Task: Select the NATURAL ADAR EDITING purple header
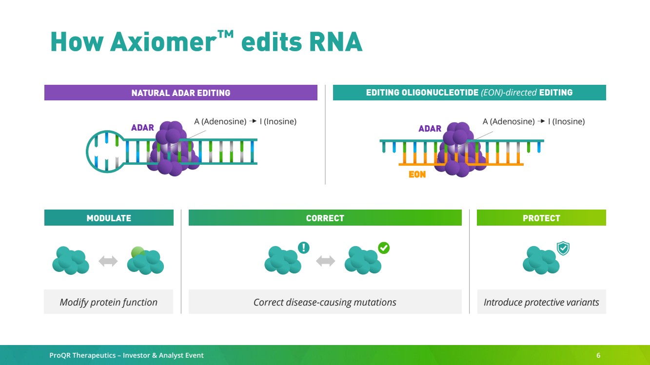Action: [180, 93]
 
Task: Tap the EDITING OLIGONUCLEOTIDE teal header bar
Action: [469, 93]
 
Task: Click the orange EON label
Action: [417, 174]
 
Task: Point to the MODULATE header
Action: [109, 218]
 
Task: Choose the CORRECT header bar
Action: [325, 218]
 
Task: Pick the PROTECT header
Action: [541, 218]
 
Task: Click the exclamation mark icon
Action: [303, 248]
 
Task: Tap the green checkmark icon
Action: [384, 248]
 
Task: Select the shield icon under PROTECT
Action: [563, 249]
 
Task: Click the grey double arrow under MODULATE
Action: [108, 261]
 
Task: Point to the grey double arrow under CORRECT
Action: [325, 261]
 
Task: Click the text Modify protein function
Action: [109, 302]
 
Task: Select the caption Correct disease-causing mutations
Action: [325, 302]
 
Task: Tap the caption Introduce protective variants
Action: [541, 302]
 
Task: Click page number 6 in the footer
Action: [598, 355]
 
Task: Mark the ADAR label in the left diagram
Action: [142, 128]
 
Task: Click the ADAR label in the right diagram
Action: [430, 129]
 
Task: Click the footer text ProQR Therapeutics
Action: [83, 355]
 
